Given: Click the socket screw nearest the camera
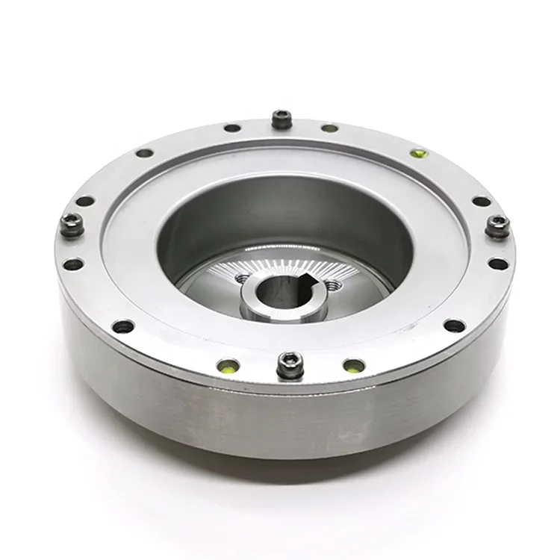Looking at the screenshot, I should (290, 364).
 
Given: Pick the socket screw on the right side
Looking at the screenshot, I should (497, 225).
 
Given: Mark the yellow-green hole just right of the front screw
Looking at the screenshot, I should (354, 366).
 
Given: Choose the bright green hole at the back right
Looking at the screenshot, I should (420, 154).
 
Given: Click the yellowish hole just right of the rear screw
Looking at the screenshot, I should (329, 128).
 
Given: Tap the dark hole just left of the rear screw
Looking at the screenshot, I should (232, 128).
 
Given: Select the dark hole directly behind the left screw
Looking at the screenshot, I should (85, 201).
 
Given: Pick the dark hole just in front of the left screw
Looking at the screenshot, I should (72, 264).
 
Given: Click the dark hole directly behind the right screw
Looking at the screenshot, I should (482, 201).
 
